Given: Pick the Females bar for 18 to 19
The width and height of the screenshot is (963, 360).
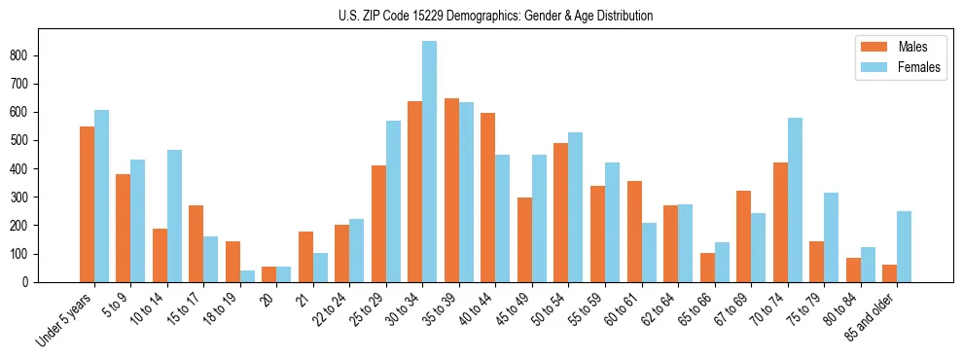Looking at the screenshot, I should tap(247, 276).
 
